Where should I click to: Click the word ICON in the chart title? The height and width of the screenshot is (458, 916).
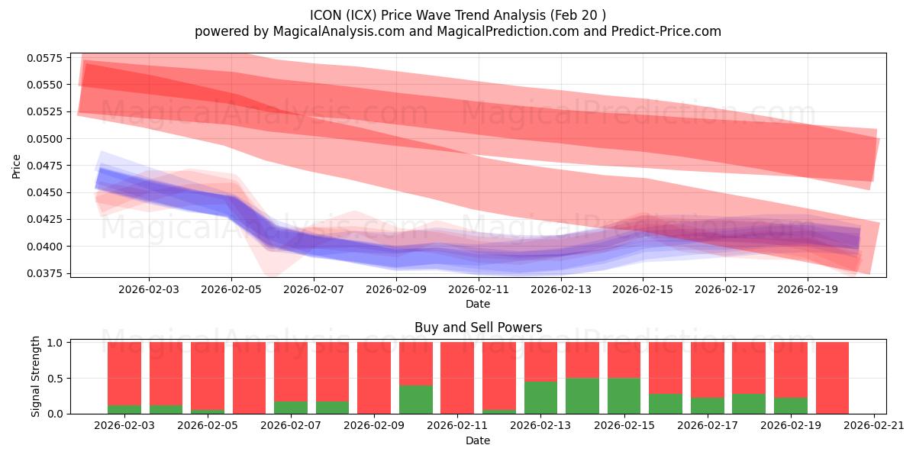326,15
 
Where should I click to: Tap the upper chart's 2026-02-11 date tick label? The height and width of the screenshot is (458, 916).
478,289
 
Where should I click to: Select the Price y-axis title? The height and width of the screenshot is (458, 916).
17,166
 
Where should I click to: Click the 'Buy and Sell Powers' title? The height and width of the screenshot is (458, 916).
478,327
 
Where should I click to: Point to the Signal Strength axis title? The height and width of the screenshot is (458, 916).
36,378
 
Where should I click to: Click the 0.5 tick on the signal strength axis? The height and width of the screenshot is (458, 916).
56,379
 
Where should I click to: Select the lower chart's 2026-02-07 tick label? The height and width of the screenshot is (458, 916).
291,426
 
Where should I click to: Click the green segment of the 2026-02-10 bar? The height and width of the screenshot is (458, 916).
416,399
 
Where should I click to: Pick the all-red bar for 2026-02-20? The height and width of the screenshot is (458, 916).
832,378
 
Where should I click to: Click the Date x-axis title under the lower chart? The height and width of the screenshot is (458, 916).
478,440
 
